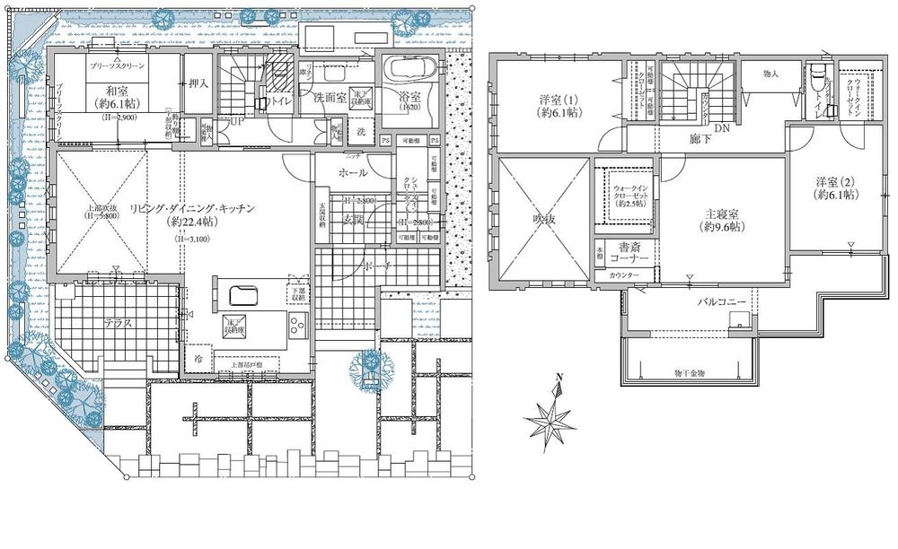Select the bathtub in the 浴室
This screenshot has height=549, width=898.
point(409,69)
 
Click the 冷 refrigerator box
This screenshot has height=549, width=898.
point(198,358)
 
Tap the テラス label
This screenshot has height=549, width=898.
point(119,324)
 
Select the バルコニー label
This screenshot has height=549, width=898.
point(723,303)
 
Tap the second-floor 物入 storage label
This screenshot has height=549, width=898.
point(770,74)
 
